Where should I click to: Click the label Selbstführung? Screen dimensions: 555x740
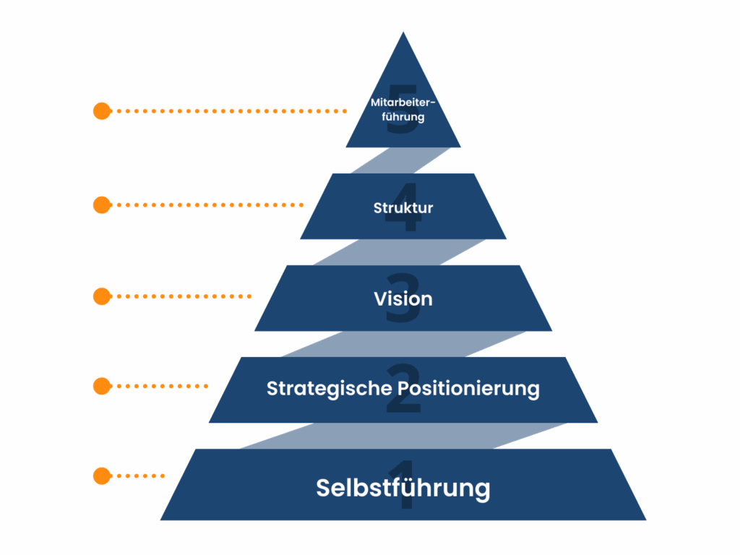coord(403,488)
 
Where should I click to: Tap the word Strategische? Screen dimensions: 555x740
coord(330,389)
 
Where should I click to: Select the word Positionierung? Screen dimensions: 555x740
coord(468,389)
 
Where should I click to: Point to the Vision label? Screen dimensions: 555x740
coord(403,298)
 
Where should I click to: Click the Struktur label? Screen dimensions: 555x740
coord(403,208)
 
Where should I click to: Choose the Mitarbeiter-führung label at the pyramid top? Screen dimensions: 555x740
coord(403,109)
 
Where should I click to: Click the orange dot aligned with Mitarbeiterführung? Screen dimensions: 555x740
coord(102,111)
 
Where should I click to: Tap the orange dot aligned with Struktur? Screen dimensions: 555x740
coord(102,205)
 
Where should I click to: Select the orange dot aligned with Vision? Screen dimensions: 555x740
coord(102,296)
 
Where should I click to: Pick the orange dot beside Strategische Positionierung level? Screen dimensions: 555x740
coord(102,387)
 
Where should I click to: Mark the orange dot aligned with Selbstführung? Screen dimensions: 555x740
coord(102,476)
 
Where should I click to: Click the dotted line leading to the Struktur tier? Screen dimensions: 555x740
coord(210,205)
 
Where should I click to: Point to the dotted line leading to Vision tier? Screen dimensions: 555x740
coord(184,296)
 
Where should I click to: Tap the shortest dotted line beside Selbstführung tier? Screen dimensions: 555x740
coord(141,476)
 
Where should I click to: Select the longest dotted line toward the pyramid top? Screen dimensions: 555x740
coord(231,111)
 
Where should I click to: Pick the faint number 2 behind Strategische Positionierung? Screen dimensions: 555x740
coord(403,405)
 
